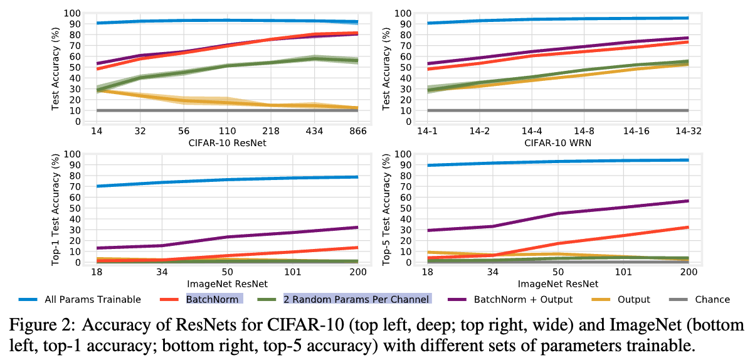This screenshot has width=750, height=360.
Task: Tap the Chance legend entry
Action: (712, 299)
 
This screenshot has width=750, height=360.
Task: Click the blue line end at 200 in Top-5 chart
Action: (688, 160)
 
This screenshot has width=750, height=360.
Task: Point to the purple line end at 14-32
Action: (688, 38)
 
